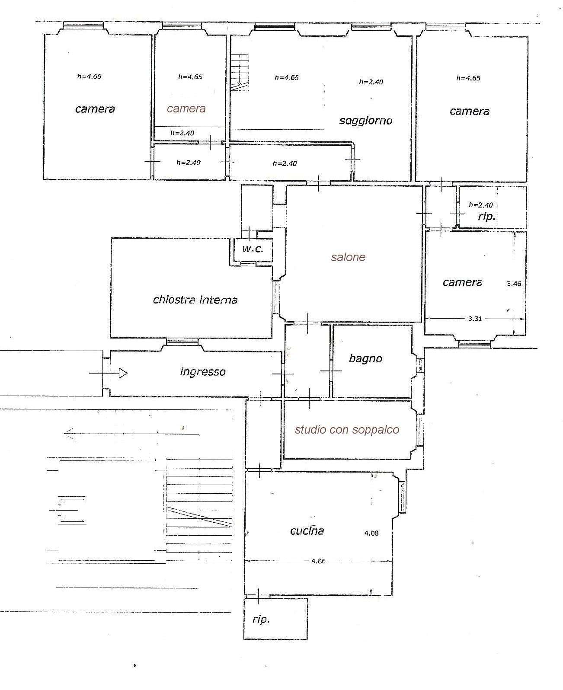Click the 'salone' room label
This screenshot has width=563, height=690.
click(348, 257)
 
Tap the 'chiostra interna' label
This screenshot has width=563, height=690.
click(195, 300)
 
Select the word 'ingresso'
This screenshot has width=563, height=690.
click(203, 372)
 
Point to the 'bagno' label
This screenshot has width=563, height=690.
click(365, 359)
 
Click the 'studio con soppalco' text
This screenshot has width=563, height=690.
click(347, 430)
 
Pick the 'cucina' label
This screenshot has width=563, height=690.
click(307, 530)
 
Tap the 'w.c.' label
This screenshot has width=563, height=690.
click(253, 249)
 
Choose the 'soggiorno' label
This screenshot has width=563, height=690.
click(366, 121)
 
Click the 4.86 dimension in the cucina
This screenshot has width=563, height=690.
click(319, 561)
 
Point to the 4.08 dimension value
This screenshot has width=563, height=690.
click(371, 533)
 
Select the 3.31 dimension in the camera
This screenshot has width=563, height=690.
click(475, 318)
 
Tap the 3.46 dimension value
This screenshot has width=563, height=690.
click(514, 284)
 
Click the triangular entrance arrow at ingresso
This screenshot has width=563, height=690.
click(123, 373)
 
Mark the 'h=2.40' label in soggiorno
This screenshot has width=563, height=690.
click(371, 82)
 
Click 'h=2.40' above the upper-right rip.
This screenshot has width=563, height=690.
click(481, 205)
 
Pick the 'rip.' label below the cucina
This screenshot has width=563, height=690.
click(261, 620)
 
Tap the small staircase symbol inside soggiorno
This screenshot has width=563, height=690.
click(240, 73)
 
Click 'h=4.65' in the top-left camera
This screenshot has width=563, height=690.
click(89, 77)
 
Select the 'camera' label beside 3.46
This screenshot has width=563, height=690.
click(462, 282)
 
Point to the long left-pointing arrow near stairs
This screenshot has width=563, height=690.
click(131, 434)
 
